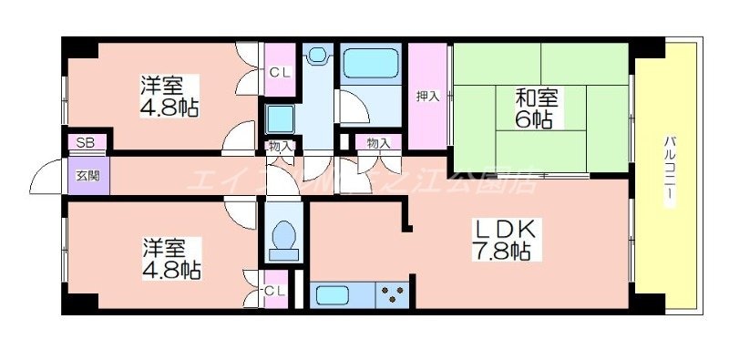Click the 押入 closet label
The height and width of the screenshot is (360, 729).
click(x=428, y=96)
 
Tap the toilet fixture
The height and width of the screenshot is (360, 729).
click(x=283, y=239)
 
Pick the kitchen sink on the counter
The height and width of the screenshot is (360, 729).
click(x=335, y=295)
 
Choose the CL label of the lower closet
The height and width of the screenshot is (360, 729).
click(x=275, y=291)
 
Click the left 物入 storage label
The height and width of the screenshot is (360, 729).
click(x=280, y=146)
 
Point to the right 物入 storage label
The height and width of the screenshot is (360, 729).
click(x=378, y=142)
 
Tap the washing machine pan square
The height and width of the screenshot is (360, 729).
click(x=280, y=118)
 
